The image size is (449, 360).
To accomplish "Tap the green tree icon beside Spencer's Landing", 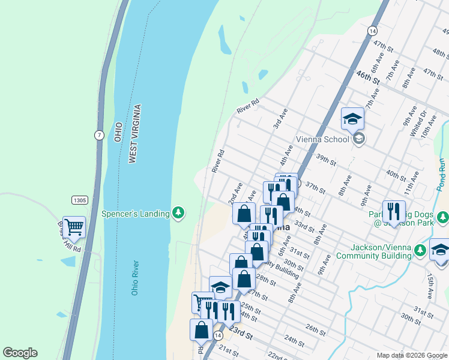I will pos(178,213).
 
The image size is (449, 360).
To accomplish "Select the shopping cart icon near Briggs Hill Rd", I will pos(74,227).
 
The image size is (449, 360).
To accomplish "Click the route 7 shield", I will pos(98,135).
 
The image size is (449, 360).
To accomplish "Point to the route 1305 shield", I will pos(79,200).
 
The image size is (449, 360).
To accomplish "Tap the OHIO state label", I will pos(118,132).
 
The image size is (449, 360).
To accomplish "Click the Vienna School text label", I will pos(322,140).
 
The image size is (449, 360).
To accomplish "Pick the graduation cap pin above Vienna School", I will pos(352,119).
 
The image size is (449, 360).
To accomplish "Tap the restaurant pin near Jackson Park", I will pos(393,211).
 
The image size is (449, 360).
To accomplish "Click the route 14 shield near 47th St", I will pos(373,30).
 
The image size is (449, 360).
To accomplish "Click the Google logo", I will pos(20,353).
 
